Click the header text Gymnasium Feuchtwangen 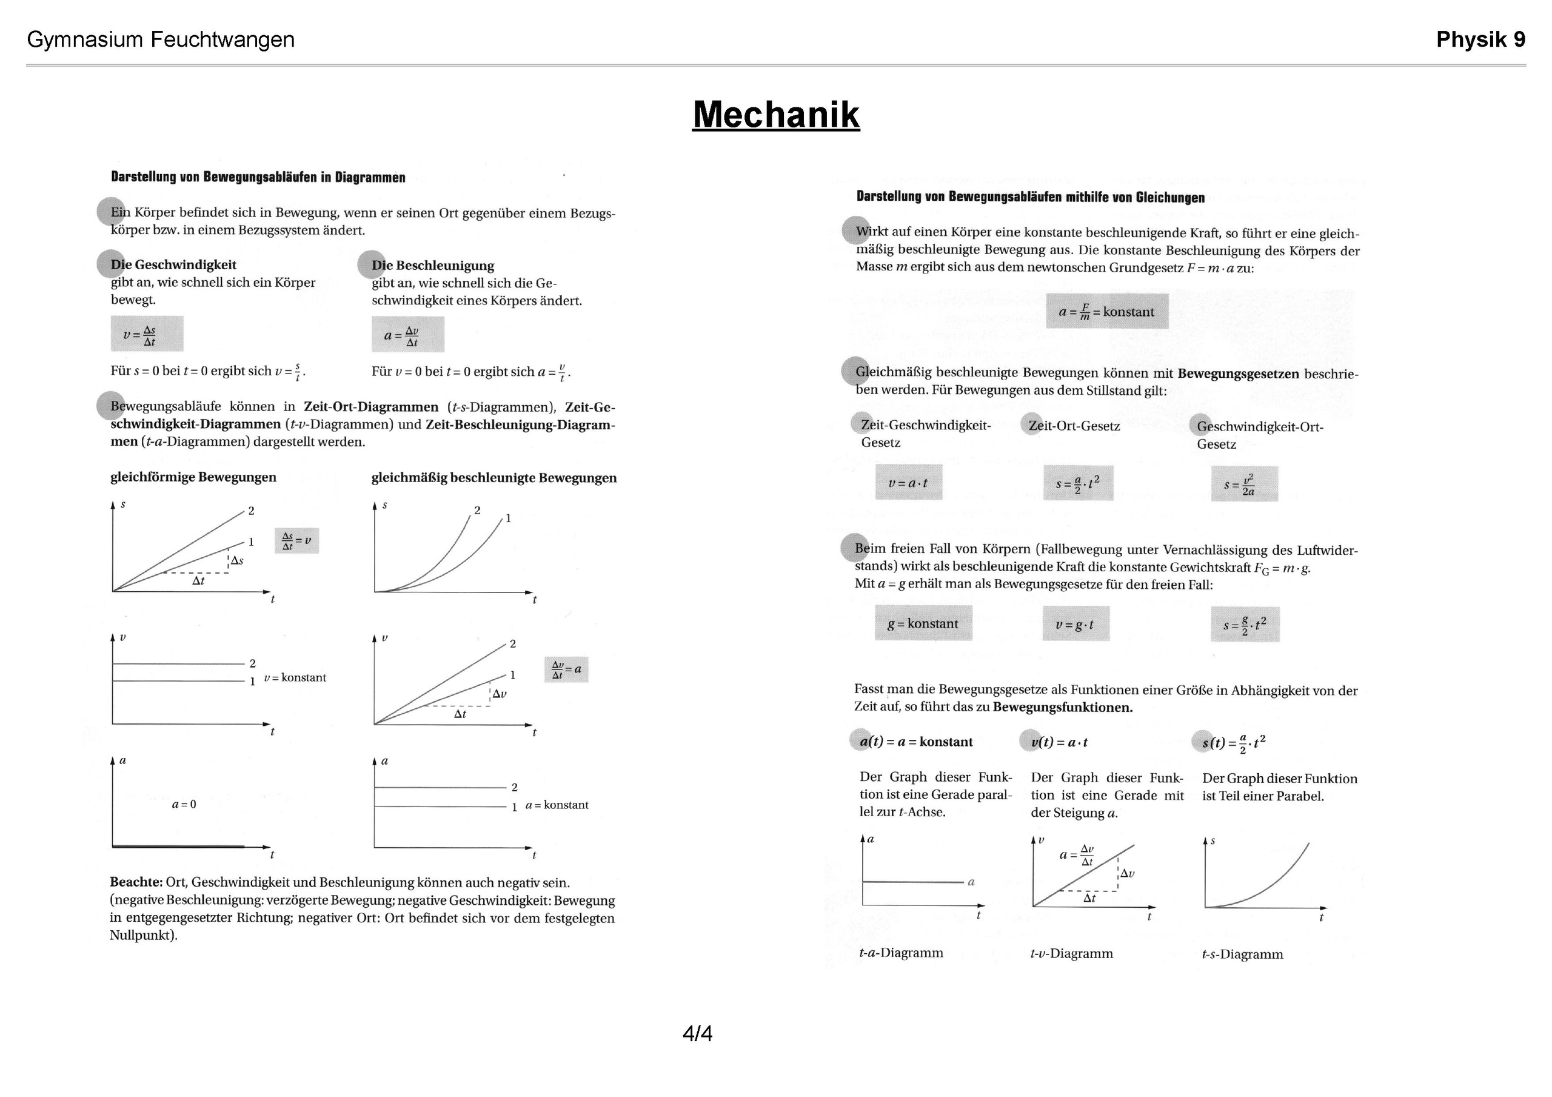161,40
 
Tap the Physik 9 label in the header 1480,40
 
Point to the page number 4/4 698,1033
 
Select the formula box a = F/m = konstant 1106,311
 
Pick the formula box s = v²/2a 1244,485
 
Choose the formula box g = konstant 923,623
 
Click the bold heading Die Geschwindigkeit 174,265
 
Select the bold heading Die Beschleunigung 433,266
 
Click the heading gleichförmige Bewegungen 193,477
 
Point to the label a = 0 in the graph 184,804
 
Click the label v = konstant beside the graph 295,678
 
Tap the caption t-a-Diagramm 901,953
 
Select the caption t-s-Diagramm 1242,954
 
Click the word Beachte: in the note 136,882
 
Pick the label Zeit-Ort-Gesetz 1074,426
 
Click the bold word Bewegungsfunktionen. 1063,708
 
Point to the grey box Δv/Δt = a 566,669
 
